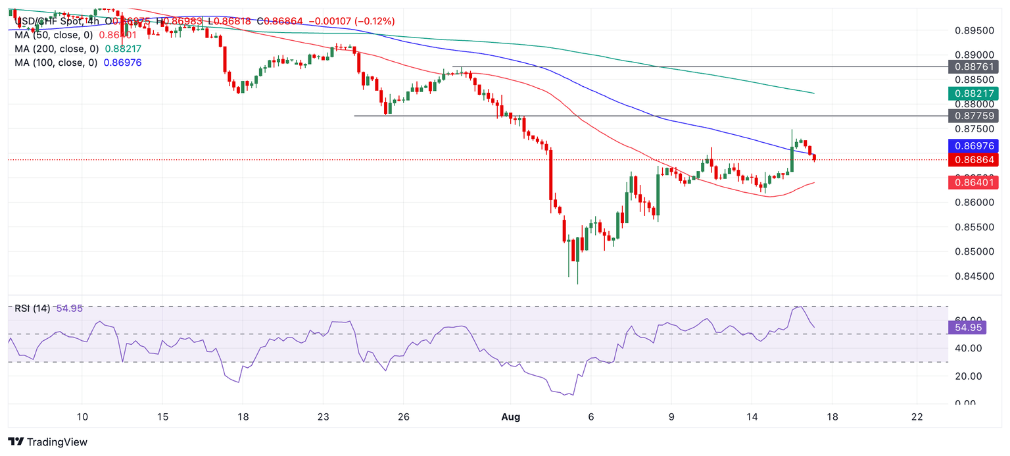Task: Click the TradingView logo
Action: coord(47,442)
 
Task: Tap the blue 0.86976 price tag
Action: coord(973,146)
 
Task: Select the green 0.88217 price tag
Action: coord(973,93)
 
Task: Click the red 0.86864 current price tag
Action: coord(973,160)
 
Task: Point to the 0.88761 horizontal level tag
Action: coord(973,66)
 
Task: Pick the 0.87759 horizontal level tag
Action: coord(973,116)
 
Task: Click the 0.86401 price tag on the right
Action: coord(973,183)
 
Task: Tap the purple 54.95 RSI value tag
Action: coord(968,327)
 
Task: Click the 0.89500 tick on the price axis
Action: coord(973,31)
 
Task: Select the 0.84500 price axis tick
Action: coord(973,276)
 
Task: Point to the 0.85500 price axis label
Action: coord(973,227)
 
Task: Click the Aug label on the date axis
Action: coord(511,417)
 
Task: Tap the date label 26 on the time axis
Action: coord(404,417)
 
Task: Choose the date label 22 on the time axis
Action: coord(917,417)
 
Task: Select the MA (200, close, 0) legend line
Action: coord(57,49)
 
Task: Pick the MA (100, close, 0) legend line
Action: coord(57,63)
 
